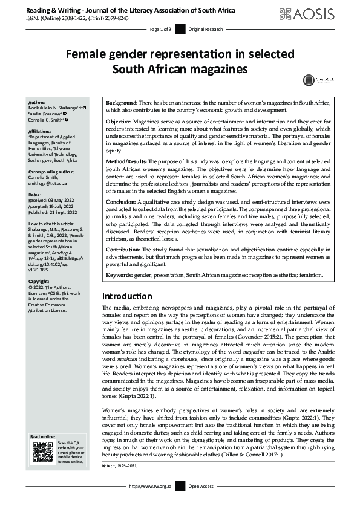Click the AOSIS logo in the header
click(315, 13)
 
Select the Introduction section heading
click(127, 297)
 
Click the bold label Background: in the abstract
click(122, 104)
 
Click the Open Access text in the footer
click(201, 502)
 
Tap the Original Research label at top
click(206, 29)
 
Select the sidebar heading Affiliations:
click(43, 130)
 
